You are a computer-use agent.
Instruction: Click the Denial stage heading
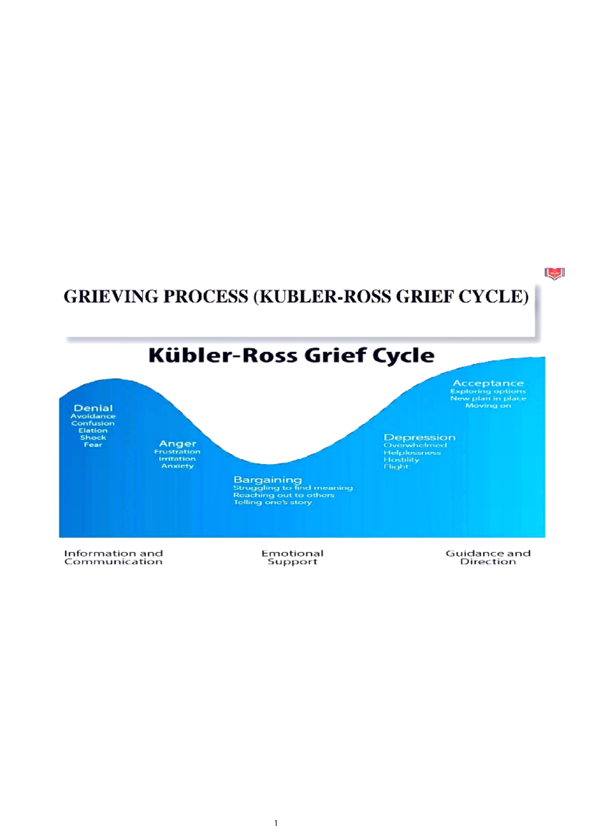pos(93,408)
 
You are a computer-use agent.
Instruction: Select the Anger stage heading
pos(177,444)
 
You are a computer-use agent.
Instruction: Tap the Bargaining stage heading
pos(267,480)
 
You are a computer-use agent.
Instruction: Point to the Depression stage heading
pos(419,437)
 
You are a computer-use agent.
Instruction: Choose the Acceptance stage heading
pos(488,383)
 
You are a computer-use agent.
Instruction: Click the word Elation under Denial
pos(93,430)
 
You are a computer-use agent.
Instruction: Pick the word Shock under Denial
pos(93,437)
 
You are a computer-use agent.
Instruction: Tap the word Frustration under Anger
pos(177,452)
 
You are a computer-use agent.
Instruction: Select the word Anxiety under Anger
pos(177,466)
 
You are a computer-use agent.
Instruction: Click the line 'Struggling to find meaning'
pos(293,488)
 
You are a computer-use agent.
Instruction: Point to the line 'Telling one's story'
pos(272,502)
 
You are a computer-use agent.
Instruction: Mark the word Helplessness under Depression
pos(412,453)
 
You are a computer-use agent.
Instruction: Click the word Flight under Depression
pos(396,466)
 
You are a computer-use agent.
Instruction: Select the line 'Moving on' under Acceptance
pos(488,405)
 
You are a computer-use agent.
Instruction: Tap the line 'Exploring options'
pos(488,391)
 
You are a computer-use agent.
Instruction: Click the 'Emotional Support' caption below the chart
pos(293,557)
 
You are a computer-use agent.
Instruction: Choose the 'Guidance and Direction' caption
pos(488,557)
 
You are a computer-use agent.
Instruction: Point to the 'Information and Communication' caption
pos(113,557)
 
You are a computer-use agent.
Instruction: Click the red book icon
pos(555,273)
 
